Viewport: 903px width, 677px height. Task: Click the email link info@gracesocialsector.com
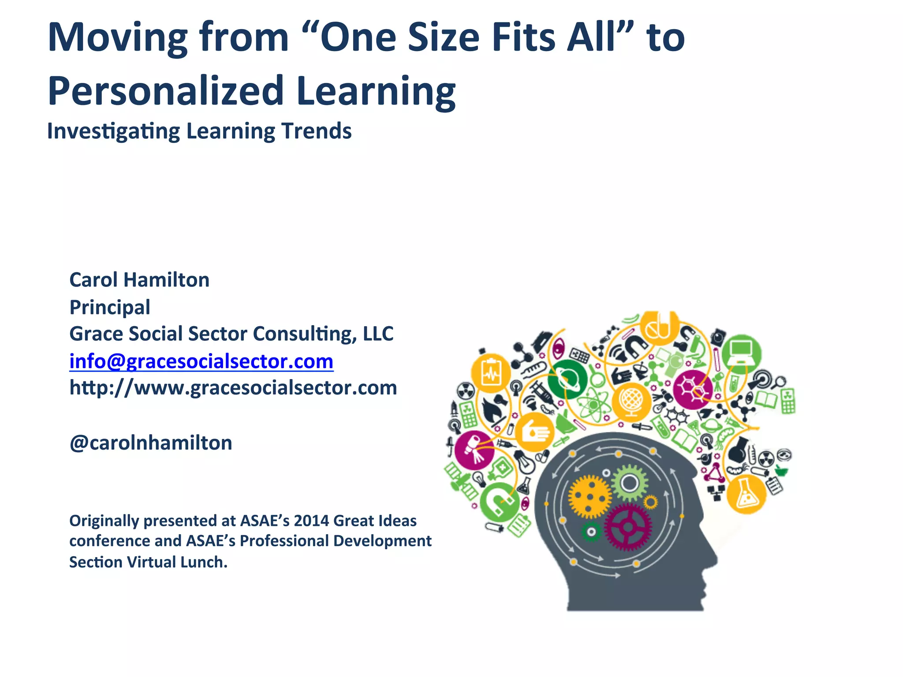click(201, 361)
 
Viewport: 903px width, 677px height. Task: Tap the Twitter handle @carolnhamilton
click(151, 443)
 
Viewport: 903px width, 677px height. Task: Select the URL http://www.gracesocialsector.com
click(233, 388)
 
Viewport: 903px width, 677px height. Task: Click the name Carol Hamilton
click(139, 280)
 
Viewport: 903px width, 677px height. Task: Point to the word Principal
click(110, 307)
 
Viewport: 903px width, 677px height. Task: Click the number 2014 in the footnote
click(311, 521)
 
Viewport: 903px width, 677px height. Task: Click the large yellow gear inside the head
click(590, 497)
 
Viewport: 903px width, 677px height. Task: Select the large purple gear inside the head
click(628, 527)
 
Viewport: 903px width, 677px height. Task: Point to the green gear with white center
click(630, 484)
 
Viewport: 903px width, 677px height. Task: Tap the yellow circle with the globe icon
click(631, 401)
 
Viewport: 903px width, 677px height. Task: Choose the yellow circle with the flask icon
click(746, 495)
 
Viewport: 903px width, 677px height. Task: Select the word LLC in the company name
click(378, 334)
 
